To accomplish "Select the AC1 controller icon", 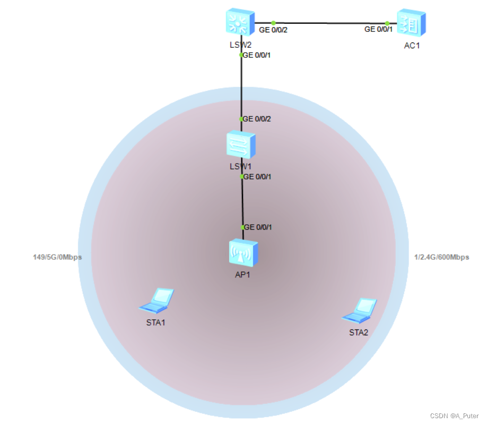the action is pos(411,23).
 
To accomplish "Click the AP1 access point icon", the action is pos(243,252).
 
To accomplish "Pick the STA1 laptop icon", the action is pos(158,300).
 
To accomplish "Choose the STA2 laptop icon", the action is pos(360,310).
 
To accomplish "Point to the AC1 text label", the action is pos(412,46).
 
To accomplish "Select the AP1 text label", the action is pos(242,275).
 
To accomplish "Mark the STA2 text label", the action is pos(359,333).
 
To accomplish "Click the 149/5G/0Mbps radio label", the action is pos(57,257).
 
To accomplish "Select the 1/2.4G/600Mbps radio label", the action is pos(441,257).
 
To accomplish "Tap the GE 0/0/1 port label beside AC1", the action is pos(378,30).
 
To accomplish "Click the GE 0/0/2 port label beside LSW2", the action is pos(273,30).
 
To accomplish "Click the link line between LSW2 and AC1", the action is pos(329,23).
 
